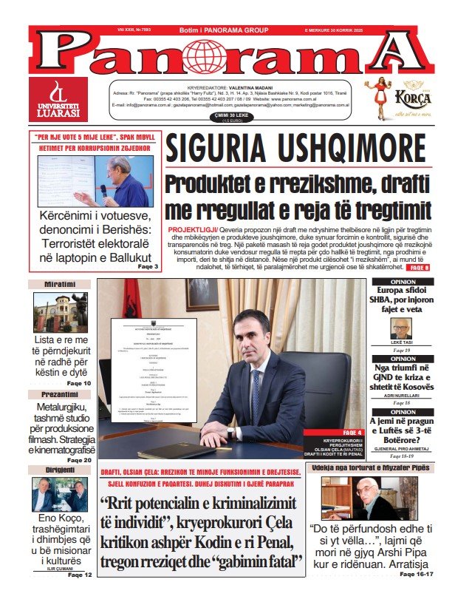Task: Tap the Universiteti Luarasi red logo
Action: click(58, 99)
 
